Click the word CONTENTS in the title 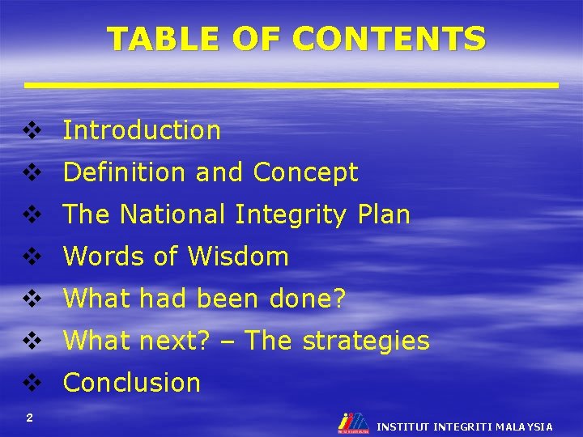pos(390,38)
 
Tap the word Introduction pos(142,130)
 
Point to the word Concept pos(305,172)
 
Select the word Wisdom pos(238,257)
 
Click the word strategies pos(366,341)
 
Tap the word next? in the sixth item pos(176,341)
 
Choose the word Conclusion pos(131,383)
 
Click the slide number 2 pos(29,418)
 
